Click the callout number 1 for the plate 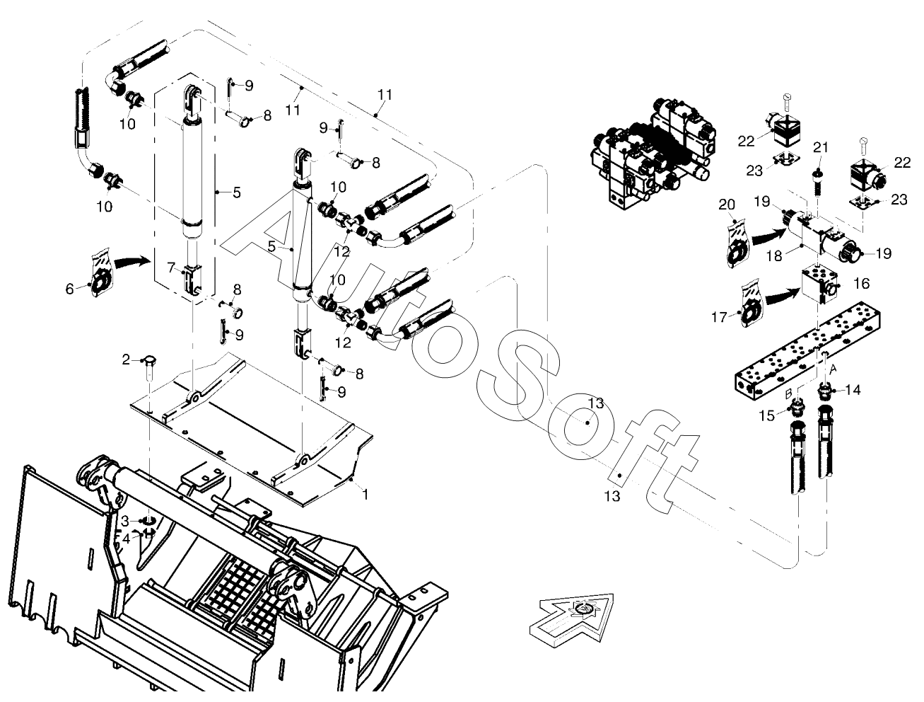click(x=365, y=494)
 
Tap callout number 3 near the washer click(x=124, y=522)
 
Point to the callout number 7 click(x=127, y=539)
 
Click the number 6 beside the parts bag click(x=69, y=289)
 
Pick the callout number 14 click(x=853, y=390)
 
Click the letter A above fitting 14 click(x=832, y=369)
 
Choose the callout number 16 click(x=861, y=284)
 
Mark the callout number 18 click(x=774, y=255)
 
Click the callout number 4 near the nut click(x=127, y=539)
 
